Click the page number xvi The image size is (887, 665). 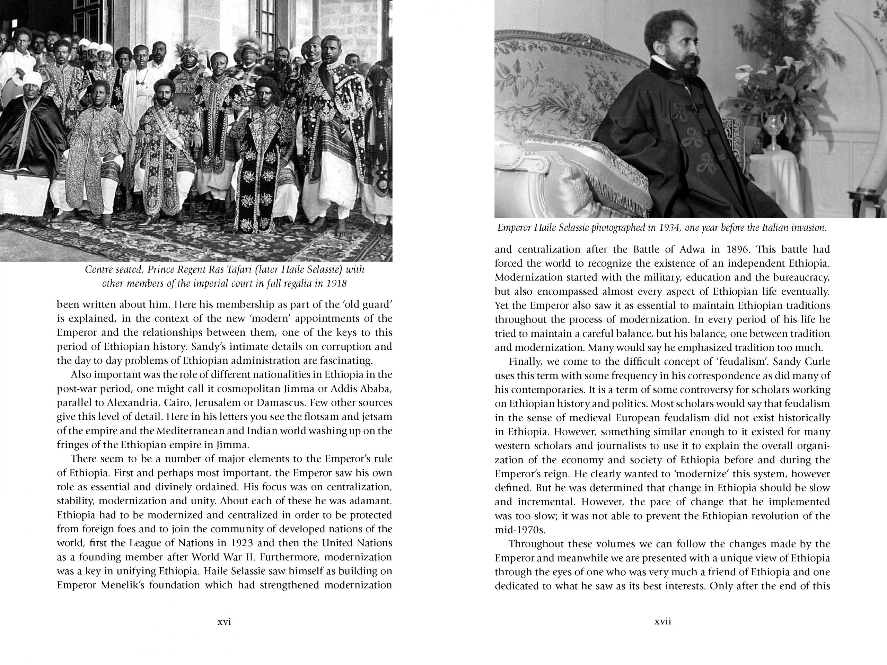pyautogui.click(x=224, y=622)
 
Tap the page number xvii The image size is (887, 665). pyautogui.click(x=662, y=622)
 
